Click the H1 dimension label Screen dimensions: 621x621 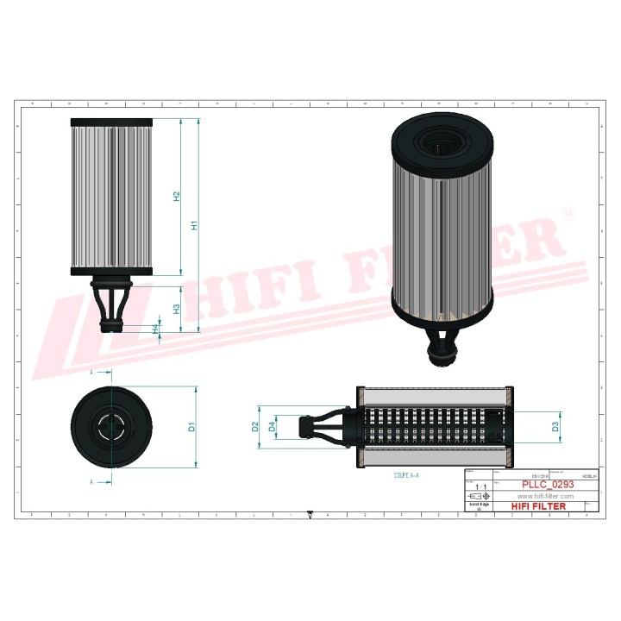click(x=196, y=225)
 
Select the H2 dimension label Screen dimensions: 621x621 click(x=176, y=197)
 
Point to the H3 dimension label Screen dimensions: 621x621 click(x=176, y=309)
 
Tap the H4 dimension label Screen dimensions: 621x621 click(x=155, y=329)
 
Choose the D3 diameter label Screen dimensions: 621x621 click(x=555, y=426)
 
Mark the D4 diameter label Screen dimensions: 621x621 click(x=273, y=426)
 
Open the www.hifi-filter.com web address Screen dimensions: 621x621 click(x=545, y=496)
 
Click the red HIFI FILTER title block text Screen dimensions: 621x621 click(x=539, y=506)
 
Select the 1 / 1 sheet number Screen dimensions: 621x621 click(x=480, y=486)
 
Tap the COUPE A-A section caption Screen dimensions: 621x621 click(x=407, y=475)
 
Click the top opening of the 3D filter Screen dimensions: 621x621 click(x=441, y=141)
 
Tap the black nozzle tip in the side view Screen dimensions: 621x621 click(x=111, y=326)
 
